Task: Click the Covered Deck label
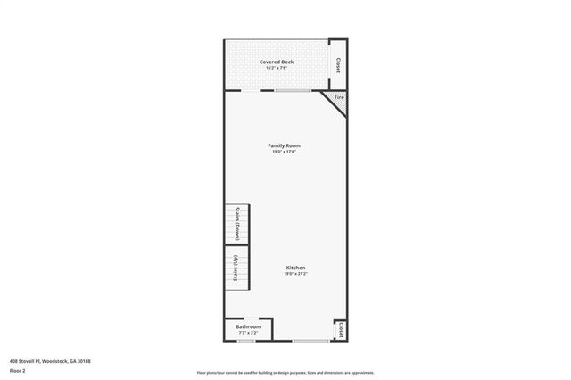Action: [x=277, y=62]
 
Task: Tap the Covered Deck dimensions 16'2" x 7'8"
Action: [x=277, y=68]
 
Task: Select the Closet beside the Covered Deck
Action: [x=338, y=65]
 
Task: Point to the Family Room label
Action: [x=285, y=145]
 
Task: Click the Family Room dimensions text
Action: [x=285, y=152]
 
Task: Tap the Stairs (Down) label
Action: [x=238, y=223]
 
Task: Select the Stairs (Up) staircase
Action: [x=236, y=268]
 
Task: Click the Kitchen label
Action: [x=296, y=268]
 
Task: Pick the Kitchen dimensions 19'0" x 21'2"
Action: [x=296, y=274]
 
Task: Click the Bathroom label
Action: [x=248, y=326]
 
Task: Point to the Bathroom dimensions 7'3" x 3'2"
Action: [x=248, y=333]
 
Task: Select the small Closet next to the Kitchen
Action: [x=340, y=330]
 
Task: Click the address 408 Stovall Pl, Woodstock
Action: [x=50, y=360]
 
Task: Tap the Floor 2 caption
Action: [x=18, y=369]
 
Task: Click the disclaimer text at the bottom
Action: [x=285, y=372]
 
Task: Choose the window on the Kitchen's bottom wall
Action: [x=310, y=341]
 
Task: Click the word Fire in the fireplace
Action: [x=339, y=96]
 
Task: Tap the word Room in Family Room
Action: [x=293, y=145]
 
